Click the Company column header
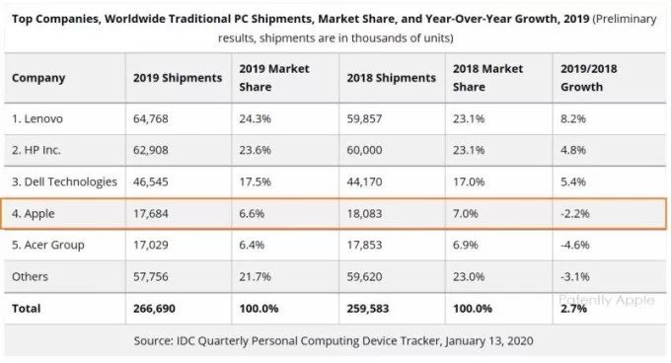tap(38, 78)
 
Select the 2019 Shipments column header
tap(178, 78)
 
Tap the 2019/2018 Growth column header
tap(589, 78)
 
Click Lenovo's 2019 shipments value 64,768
tap(151, 118)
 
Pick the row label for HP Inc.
tap(37, 150)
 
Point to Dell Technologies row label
tap(64, 182)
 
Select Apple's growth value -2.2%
tap(575, 213)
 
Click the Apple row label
tap(34, 214)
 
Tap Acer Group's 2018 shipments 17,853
tap(364, 245)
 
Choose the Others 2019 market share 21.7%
tap(255, 276)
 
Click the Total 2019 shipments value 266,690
tap(154, 309)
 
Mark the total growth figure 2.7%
tap(573, 309)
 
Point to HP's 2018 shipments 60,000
tap(364, 150)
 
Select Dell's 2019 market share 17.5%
tap(255, 181)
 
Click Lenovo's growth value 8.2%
tap(573, 118)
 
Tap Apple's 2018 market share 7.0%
tap(466, 213)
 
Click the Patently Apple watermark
tap(607, 300)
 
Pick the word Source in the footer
tap(152, 340)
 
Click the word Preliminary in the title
tap(625, 20)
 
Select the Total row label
tap(26, 309)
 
